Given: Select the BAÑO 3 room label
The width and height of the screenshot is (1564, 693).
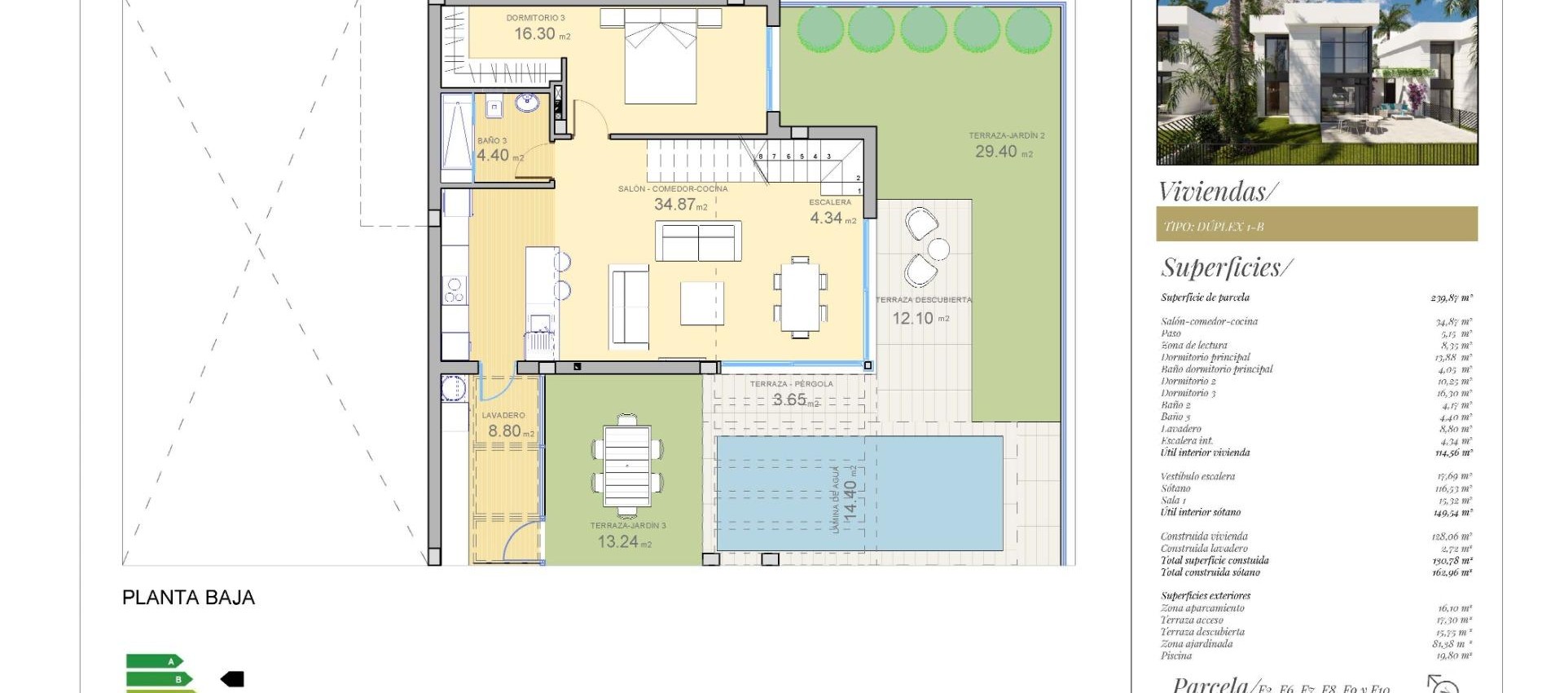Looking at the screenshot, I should pyautogui.click(x=492, y=141).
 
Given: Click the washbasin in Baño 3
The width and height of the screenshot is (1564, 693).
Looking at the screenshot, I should pyautogui.click(x=526, y=104).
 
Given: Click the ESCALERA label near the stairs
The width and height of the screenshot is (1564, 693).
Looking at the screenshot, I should pyautogui.click(x=829, y=202).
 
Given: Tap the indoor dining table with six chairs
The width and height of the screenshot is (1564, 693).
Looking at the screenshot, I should pyautogui.click(x=800, y=297).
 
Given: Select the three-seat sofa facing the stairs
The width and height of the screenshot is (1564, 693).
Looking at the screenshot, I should pyautogui.click(x=698, y=241).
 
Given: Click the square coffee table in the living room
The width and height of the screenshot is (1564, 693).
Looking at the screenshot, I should pyautogui.click(x=702, y=303).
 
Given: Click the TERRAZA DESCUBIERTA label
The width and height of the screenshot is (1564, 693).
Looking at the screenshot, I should pyautogui.click(x=923, y=300).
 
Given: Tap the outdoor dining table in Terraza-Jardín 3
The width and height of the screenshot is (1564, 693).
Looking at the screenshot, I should pyautogui.click(x=627, y=465).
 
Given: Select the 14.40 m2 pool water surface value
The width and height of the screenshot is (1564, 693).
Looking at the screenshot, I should pyautogui.click(x=850, y=500).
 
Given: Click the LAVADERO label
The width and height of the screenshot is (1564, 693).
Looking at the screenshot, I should pyautogui.click(x=503, y=415).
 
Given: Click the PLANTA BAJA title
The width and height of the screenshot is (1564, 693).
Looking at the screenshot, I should pyautogui.click(x=188, y=598).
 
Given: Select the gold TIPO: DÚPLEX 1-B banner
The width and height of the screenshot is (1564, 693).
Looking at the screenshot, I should pyautogui.click(x=1316, y=224).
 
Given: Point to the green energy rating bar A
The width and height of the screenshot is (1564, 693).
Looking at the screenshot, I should pyautogui.click(x=154, y=661).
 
